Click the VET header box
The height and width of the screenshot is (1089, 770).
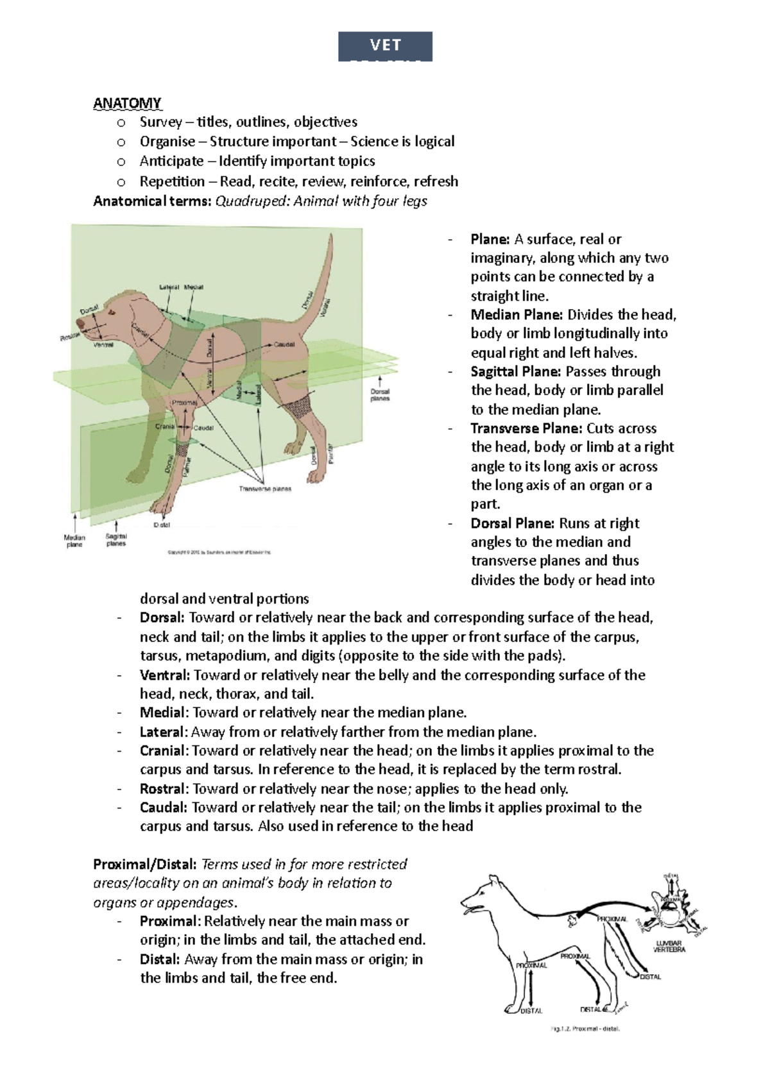385,46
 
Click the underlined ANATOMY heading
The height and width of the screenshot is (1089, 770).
127,103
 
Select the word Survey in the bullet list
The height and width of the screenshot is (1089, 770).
160,122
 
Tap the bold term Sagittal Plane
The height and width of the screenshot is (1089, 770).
517,371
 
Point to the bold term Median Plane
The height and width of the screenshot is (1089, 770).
517,315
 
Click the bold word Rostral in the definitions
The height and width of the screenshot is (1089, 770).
163,789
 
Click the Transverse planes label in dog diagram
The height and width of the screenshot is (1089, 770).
265,489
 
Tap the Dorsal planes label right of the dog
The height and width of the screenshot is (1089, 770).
380,394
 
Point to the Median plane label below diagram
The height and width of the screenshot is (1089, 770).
74,541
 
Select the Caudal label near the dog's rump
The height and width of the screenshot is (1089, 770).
284,344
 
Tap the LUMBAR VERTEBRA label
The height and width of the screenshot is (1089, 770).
669,946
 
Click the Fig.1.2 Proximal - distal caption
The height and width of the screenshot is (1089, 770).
585,1029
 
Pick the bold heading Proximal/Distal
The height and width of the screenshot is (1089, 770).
145,865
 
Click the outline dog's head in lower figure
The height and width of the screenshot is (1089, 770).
481,895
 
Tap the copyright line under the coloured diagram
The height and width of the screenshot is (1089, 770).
219,552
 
